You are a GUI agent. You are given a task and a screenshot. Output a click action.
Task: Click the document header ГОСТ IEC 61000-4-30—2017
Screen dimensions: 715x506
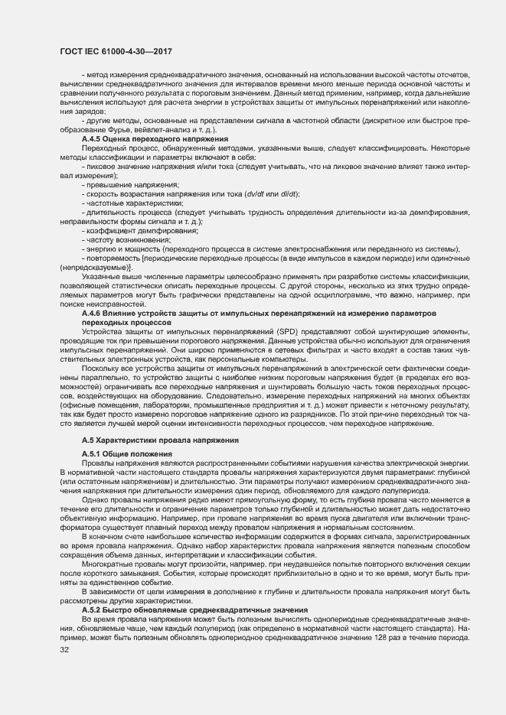115,51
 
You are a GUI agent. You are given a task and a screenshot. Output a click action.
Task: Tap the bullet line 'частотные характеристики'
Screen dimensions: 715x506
134,203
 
